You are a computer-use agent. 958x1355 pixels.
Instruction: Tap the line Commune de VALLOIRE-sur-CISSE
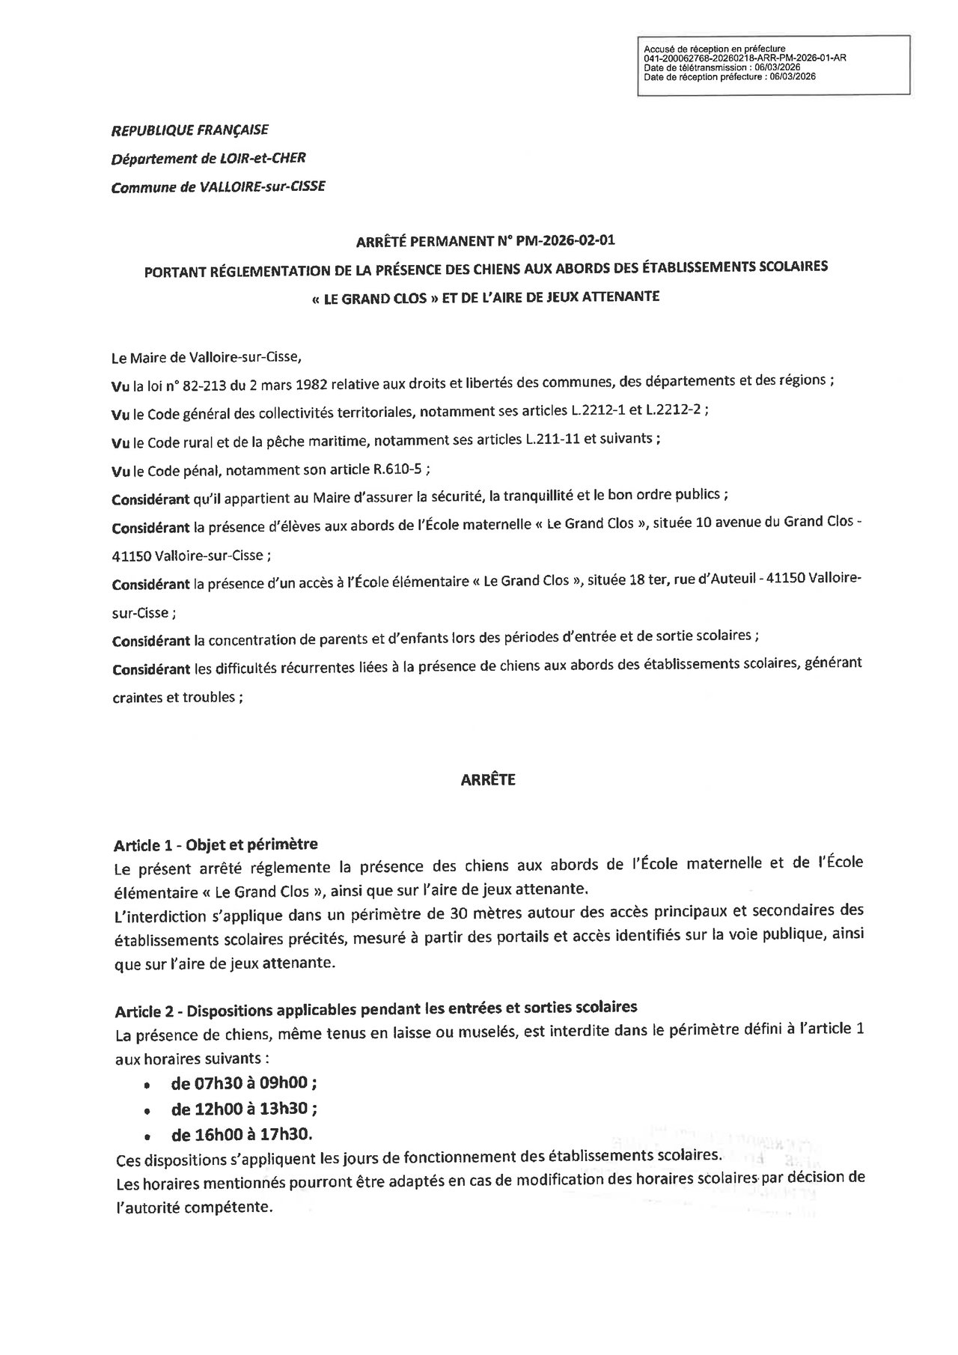(x=218, y=186)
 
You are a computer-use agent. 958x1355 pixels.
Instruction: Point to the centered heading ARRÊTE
(x=487, y=779)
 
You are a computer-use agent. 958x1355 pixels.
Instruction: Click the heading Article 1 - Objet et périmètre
(x=216, y=844)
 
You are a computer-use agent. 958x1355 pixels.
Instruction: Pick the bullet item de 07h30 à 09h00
(x=244, y=1084)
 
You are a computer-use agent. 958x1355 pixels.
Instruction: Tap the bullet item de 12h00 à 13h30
(x=244, y=1109)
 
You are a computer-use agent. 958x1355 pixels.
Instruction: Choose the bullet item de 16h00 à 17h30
(x=242, y=1134)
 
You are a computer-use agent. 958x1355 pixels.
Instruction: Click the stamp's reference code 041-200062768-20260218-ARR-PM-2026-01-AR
(x=745, y=58)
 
